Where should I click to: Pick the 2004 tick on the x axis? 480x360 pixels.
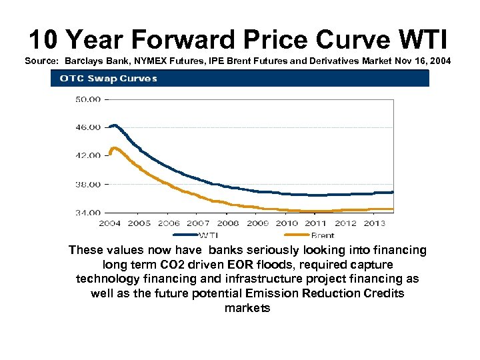[110, 223]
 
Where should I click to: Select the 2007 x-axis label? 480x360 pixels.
[198, 223]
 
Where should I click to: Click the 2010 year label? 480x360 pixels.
[287, 223]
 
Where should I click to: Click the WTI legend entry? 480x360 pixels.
[208, 235]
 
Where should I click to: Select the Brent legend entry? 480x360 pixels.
[323, 235]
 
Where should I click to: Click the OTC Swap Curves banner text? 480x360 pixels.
[109, 79]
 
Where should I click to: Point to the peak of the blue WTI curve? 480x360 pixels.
[114, 125]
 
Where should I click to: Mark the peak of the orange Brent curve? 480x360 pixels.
[114, 148]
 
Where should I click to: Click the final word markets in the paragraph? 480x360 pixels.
[247, 308]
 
